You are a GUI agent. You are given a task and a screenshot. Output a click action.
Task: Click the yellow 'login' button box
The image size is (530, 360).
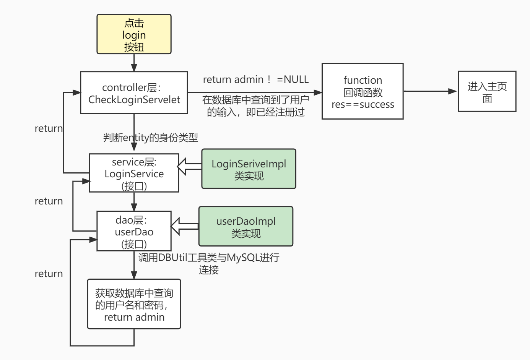[x=134, y=34]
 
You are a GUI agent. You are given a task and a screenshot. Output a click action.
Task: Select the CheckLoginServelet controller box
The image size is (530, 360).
[x=134, y=93]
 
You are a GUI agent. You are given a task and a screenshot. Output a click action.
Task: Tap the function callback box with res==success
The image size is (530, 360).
[x=363, y=92]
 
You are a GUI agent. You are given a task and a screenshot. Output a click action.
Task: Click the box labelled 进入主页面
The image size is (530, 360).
[x=487, y=92]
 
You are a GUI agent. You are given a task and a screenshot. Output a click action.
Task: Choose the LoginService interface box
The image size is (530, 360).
[x=134, y=173]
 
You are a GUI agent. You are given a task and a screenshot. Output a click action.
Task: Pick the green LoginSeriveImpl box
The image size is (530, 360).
[x=249, y=169]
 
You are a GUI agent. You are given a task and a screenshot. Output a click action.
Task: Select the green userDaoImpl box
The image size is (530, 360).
[x=245, y=227]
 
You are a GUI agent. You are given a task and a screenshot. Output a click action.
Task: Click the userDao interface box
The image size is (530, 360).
[x=134, y=231]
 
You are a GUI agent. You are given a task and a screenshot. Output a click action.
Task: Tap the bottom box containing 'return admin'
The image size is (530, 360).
[x=134, y=304]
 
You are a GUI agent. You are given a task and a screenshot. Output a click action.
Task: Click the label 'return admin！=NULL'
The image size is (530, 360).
[x=255, y=79]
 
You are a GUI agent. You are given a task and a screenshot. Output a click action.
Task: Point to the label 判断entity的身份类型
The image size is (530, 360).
[x=150, y=138]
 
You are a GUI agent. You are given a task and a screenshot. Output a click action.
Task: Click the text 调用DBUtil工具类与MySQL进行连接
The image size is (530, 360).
[x=209, y=263]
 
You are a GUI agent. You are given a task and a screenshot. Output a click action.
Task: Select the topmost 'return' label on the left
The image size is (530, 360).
[x=49, y=129]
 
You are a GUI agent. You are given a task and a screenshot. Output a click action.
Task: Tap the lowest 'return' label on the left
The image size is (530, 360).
[x=49, y=274]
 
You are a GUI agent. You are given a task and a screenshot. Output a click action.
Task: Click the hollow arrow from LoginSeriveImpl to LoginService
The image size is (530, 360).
[x=190, y=167]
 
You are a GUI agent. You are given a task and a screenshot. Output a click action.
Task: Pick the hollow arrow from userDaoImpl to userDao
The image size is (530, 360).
[x=184, y=226]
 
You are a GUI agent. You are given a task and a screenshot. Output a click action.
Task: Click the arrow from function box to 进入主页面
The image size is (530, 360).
[x=431, y=91]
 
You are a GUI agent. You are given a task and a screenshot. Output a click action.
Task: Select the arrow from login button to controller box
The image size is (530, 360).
[x=134, y=63]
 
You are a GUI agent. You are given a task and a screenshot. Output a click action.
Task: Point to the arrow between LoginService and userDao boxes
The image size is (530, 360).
[x=134, y=201]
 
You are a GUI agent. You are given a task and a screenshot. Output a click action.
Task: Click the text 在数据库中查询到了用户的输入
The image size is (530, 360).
[x=255, y=106]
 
